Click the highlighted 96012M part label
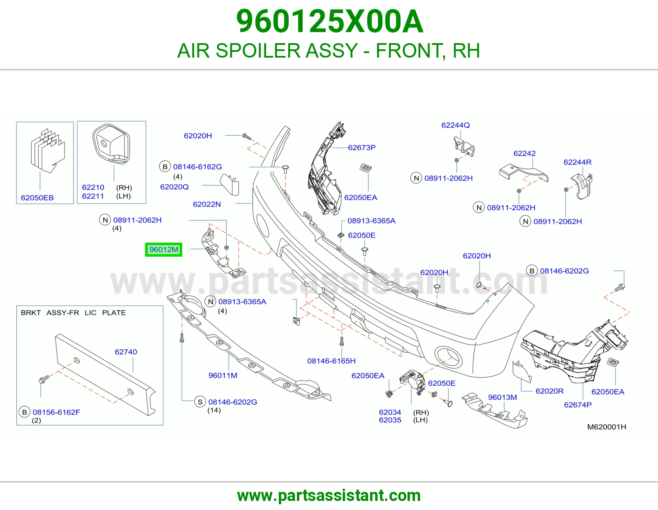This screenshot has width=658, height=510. [164, 250]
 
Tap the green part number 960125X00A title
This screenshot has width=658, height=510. [329, 21]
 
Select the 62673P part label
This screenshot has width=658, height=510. [361, 148]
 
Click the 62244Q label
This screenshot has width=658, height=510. [455, 125]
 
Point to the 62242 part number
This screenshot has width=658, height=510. [524, 153]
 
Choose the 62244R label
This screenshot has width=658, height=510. [577, 162]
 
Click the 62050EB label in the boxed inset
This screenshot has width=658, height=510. [37, 198]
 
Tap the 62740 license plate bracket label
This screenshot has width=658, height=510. [126, 352]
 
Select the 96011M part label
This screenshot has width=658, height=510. [222, 375]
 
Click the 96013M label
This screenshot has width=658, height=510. [503, 397]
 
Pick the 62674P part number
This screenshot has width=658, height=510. [577, 405]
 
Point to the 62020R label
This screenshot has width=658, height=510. [549, 391]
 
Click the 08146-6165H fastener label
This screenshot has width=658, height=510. [331, 361]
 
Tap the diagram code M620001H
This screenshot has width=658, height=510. [607, 427]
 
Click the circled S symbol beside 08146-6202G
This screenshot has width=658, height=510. [200, 402]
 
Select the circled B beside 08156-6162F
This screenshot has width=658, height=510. [25, 412]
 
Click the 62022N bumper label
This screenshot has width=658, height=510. [207, 204]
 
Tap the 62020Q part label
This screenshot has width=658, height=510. [174, 187]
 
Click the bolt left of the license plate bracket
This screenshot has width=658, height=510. [44, 379]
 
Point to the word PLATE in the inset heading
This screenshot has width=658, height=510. [114, 313]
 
